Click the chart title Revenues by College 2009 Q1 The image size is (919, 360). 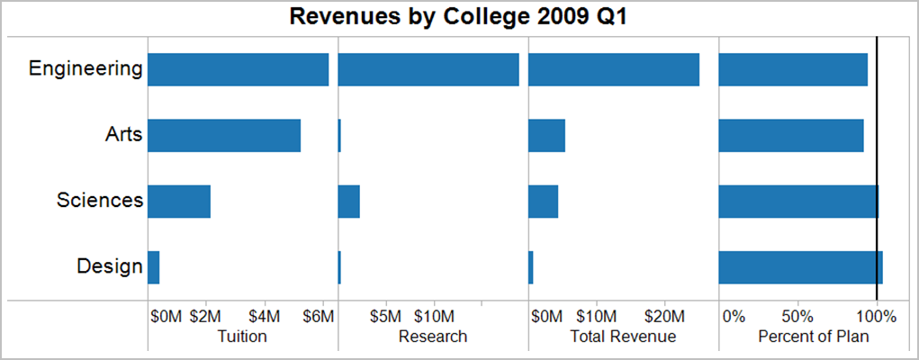[x=459, y=17]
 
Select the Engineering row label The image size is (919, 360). [x=86, y=69]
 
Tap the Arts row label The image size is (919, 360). [x=123, y=135]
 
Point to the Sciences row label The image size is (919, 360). [x=99, y=201]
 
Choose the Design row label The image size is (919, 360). [x=110, y=266]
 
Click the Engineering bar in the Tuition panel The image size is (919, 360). [x=238, y=70]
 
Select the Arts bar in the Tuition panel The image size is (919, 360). [x=224, y=136]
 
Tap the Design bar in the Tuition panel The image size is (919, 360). [x=154, y=267]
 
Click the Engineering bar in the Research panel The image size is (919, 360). [x=428, y=70]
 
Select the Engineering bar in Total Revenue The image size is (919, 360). [x=614, y=70]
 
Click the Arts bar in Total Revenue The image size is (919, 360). [x=546, y=136]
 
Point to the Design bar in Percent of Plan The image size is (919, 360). [x=800, y=267]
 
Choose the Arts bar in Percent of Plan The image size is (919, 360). [x=791, y=136]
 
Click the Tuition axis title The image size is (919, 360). [x=243, y=337]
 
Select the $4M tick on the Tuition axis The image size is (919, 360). [x=265, y=317]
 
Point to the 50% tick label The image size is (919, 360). [x=797, y=317]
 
